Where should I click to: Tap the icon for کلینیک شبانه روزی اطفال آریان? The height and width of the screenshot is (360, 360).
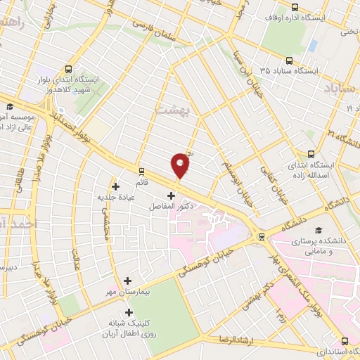click(127, 312)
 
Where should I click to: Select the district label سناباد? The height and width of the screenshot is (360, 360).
click(341, 88)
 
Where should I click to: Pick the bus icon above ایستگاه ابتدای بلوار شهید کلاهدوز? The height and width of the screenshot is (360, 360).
click(68, 69)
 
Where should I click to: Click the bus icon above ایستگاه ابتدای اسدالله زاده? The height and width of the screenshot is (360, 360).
click(311, 153)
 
